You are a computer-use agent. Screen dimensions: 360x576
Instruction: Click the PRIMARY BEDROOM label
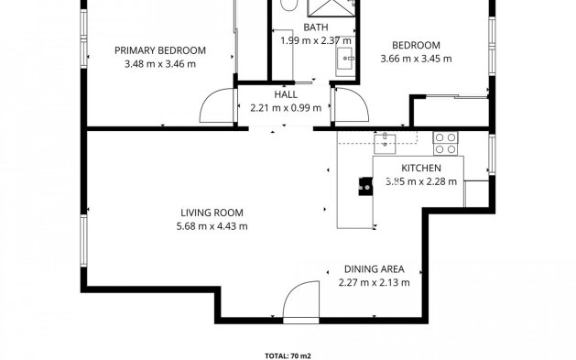(159, 50)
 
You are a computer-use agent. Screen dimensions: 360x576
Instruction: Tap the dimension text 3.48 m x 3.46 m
(159, 64)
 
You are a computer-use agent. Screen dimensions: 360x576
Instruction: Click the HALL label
(285, 95)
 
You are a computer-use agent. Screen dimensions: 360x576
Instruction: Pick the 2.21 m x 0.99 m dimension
(286, 108)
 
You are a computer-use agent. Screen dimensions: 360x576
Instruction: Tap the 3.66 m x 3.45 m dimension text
(417, 60)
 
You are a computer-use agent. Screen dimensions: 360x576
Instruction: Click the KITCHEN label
(422, 169)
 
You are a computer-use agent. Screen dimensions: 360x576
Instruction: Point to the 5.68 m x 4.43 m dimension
(212, 226)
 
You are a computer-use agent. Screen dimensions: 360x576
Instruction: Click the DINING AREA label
(375, 269)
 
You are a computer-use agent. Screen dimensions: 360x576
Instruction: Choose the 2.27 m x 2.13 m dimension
(375, 282)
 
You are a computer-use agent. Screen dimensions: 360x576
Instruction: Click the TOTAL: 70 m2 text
(288, 354)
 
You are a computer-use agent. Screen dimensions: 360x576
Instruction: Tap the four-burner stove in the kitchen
(445, 143)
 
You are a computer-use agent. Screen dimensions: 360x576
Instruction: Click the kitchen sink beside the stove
(386, 142)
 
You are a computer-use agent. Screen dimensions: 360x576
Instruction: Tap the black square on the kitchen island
(364, 189)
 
